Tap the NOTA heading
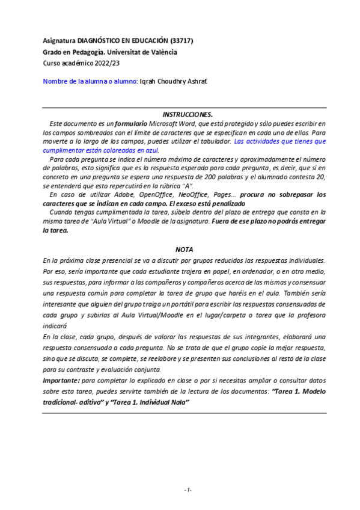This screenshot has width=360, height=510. pos(184,248)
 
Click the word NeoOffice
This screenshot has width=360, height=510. pos(186,194)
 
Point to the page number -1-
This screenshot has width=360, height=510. pos(188,490)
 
